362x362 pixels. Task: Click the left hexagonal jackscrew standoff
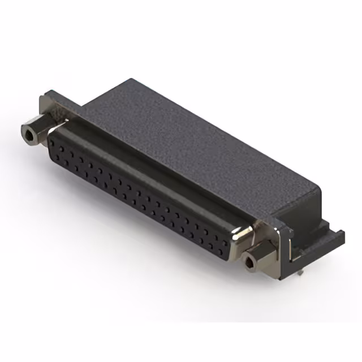click(x=35, y=131)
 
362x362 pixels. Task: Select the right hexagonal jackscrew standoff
click(x=257, y=257)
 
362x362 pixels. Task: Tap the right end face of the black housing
click(x=314, y=209)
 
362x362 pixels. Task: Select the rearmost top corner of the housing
click(x=132, y=80)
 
